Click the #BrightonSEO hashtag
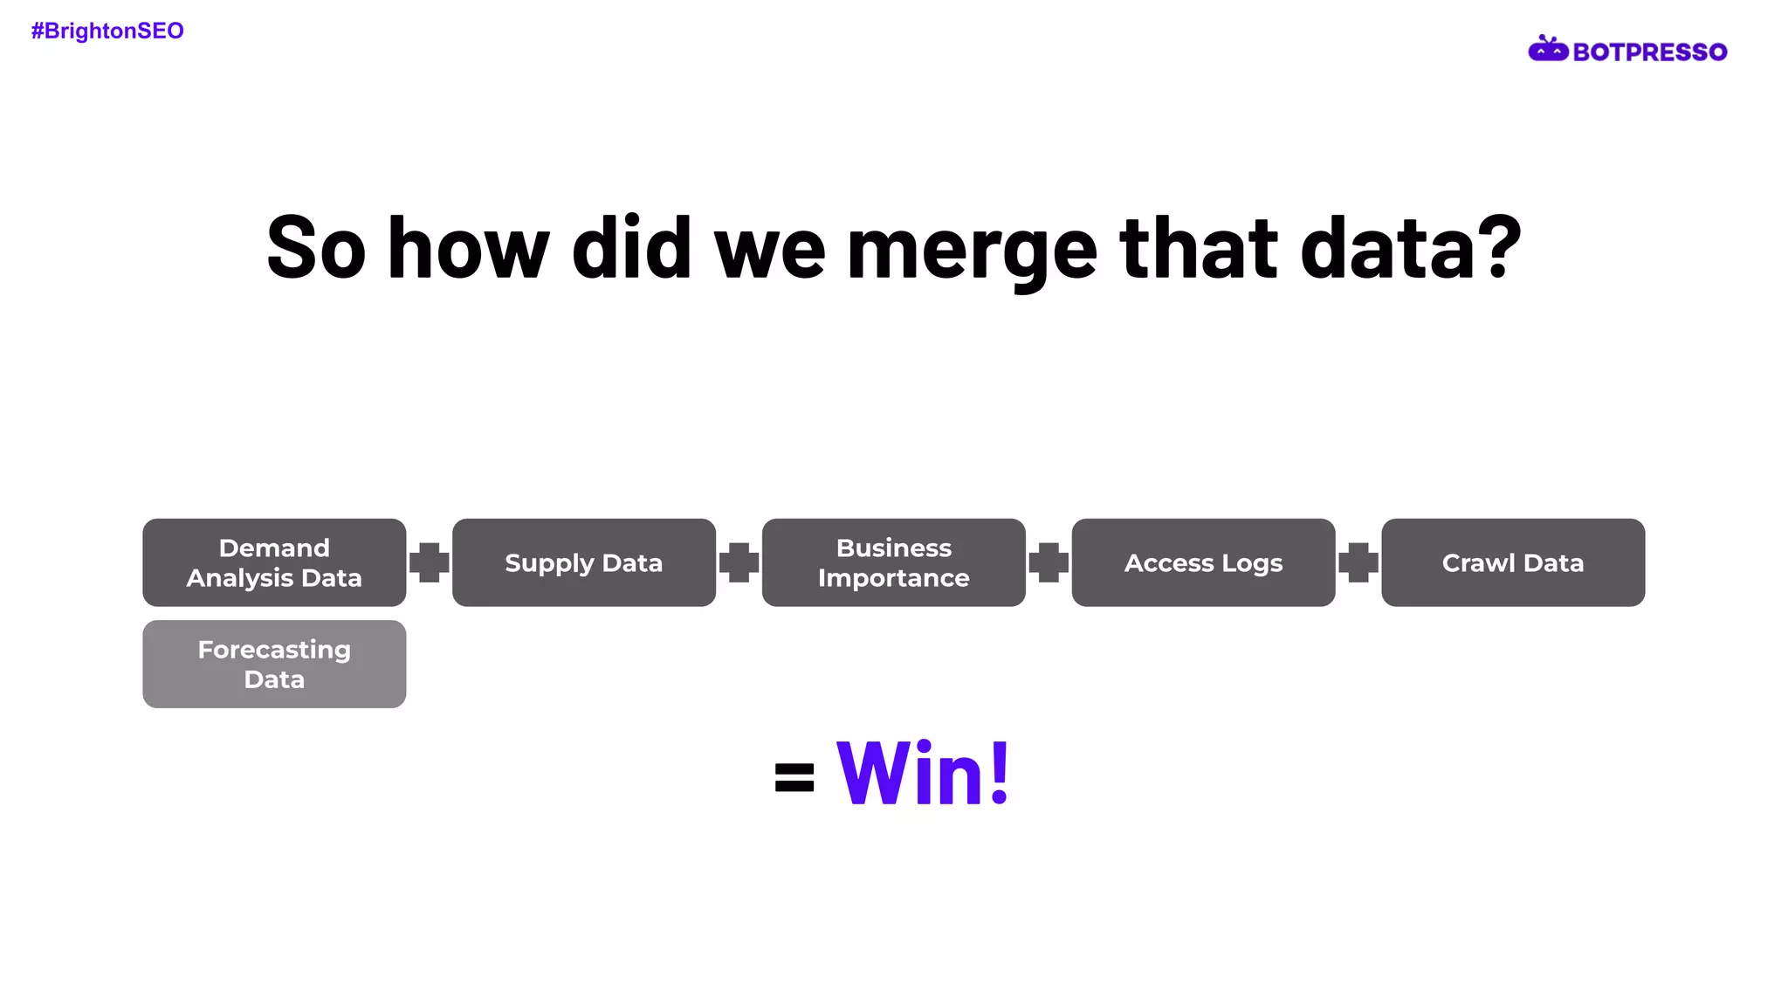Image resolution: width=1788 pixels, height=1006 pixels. point(107,31)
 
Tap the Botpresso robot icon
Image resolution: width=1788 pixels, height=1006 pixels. point(1548,50)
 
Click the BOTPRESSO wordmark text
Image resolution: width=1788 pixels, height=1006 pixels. point(1649,52)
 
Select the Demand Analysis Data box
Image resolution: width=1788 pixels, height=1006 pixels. point(274,562)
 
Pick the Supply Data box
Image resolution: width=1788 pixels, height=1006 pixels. point(583,562)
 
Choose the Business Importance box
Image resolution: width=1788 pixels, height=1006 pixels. point(893,562)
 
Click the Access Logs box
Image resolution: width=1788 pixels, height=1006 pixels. point(1203,562)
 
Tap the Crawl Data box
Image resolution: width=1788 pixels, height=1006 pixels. point(1512,562)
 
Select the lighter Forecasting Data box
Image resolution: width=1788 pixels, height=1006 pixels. point(274,664)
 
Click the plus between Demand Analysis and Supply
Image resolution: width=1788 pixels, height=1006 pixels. point(430,562)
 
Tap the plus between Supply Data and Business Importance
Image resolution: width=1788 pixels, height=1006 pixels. point(739,562)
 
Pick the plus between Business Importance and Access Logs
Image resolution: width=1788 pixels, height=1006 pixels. point(1049,562)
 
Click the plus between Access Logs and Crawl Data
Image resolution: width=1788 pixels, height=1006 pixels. point(1358,562)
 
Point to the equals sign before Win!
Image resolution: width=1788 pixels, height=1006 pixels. point(794,777)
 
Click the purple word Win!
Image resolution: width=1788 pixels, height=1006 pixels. point(923,773)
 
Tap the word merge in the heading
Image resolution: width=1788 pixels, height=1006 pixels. point(972,251)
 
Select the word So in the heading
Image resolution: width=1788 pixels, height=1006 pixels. point(316,249)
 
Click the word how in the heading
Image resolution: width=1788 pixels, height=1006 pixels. point(469,249)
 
